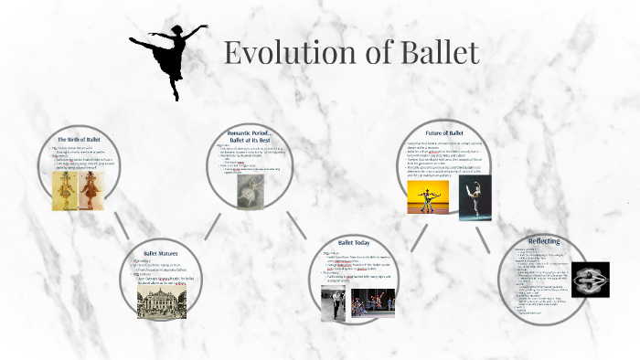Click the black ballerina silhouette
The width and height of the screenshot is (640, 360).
pyautogui.click(x=167, y=57)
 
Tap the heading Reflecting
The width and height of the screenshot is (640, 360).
pyautogui.click(x=544, y=240)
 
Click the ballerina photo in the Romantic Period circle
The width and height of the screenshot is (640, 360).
pyautogui.click(x=251, y=192)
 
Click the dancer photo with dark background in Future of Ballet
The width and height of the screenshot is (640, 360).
pyautogui.click(x=475, y=198)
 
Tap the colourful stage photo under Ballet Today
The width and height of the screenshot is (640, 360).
pyautogui.click(x=372, y=302)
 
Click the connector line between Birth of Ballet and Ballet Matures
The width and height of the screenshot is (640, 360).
pyautogui.click(x=122, y=224)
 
